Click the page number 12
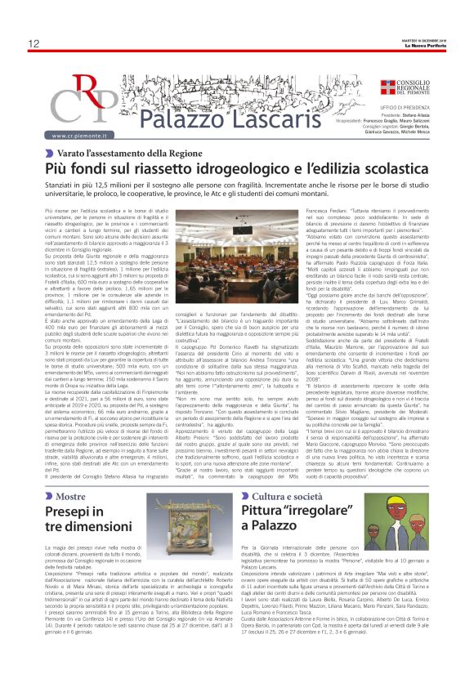click(x=34, y=43)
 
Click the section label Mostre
click(x=70, y=473)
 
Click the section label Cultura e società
click(x=292, y=473)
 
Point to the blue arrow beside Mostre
click(x=49, y=473)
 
